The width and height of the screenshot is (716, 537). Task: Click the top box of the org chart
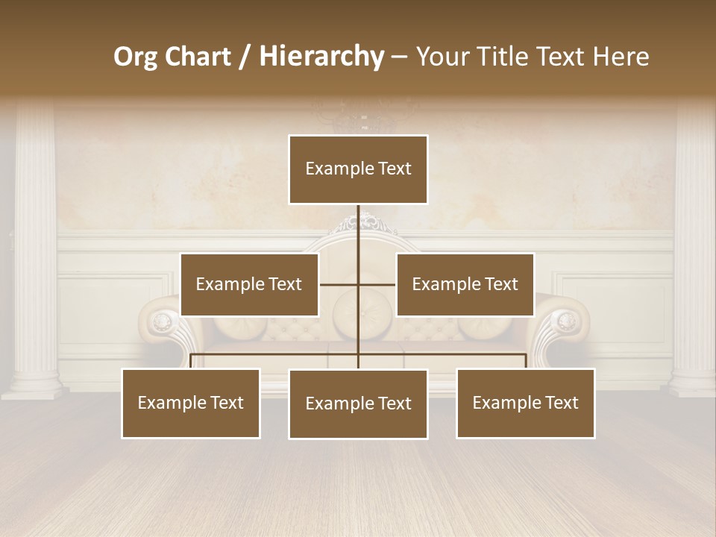(x=358, y=169)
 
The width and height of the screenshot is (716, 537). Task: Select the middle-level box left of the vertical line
(x=249, y=284)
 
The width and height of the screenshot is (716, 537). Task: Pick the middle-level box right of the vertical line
(x=465, y=284)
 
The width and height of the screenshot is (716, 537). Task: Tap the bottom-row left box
(x=191, y=403)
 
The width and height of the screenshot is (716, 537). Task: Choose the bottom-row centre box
(x=358, y=403)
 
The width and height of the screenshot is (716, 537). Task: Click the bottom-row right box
(x=526, y=403)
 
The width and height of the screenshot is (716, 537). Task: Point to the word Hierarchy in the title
(x=321, y=57)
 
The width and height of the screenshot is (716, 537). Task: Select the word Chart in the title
(x=196, y=57)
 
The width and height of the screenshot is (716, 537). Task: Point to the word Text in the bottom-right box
(x=562, y=403)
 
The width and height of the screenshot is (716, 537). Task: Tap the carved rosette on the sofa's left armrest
(x=162, y=322)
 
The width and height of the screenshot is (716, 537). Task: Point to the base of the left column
(x=34, y=386)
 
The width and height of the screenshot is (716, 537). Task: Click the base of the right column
(x=692, y=386)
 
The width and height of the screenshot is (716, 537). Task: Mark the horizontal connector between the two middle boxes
(x=358, y=284)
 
